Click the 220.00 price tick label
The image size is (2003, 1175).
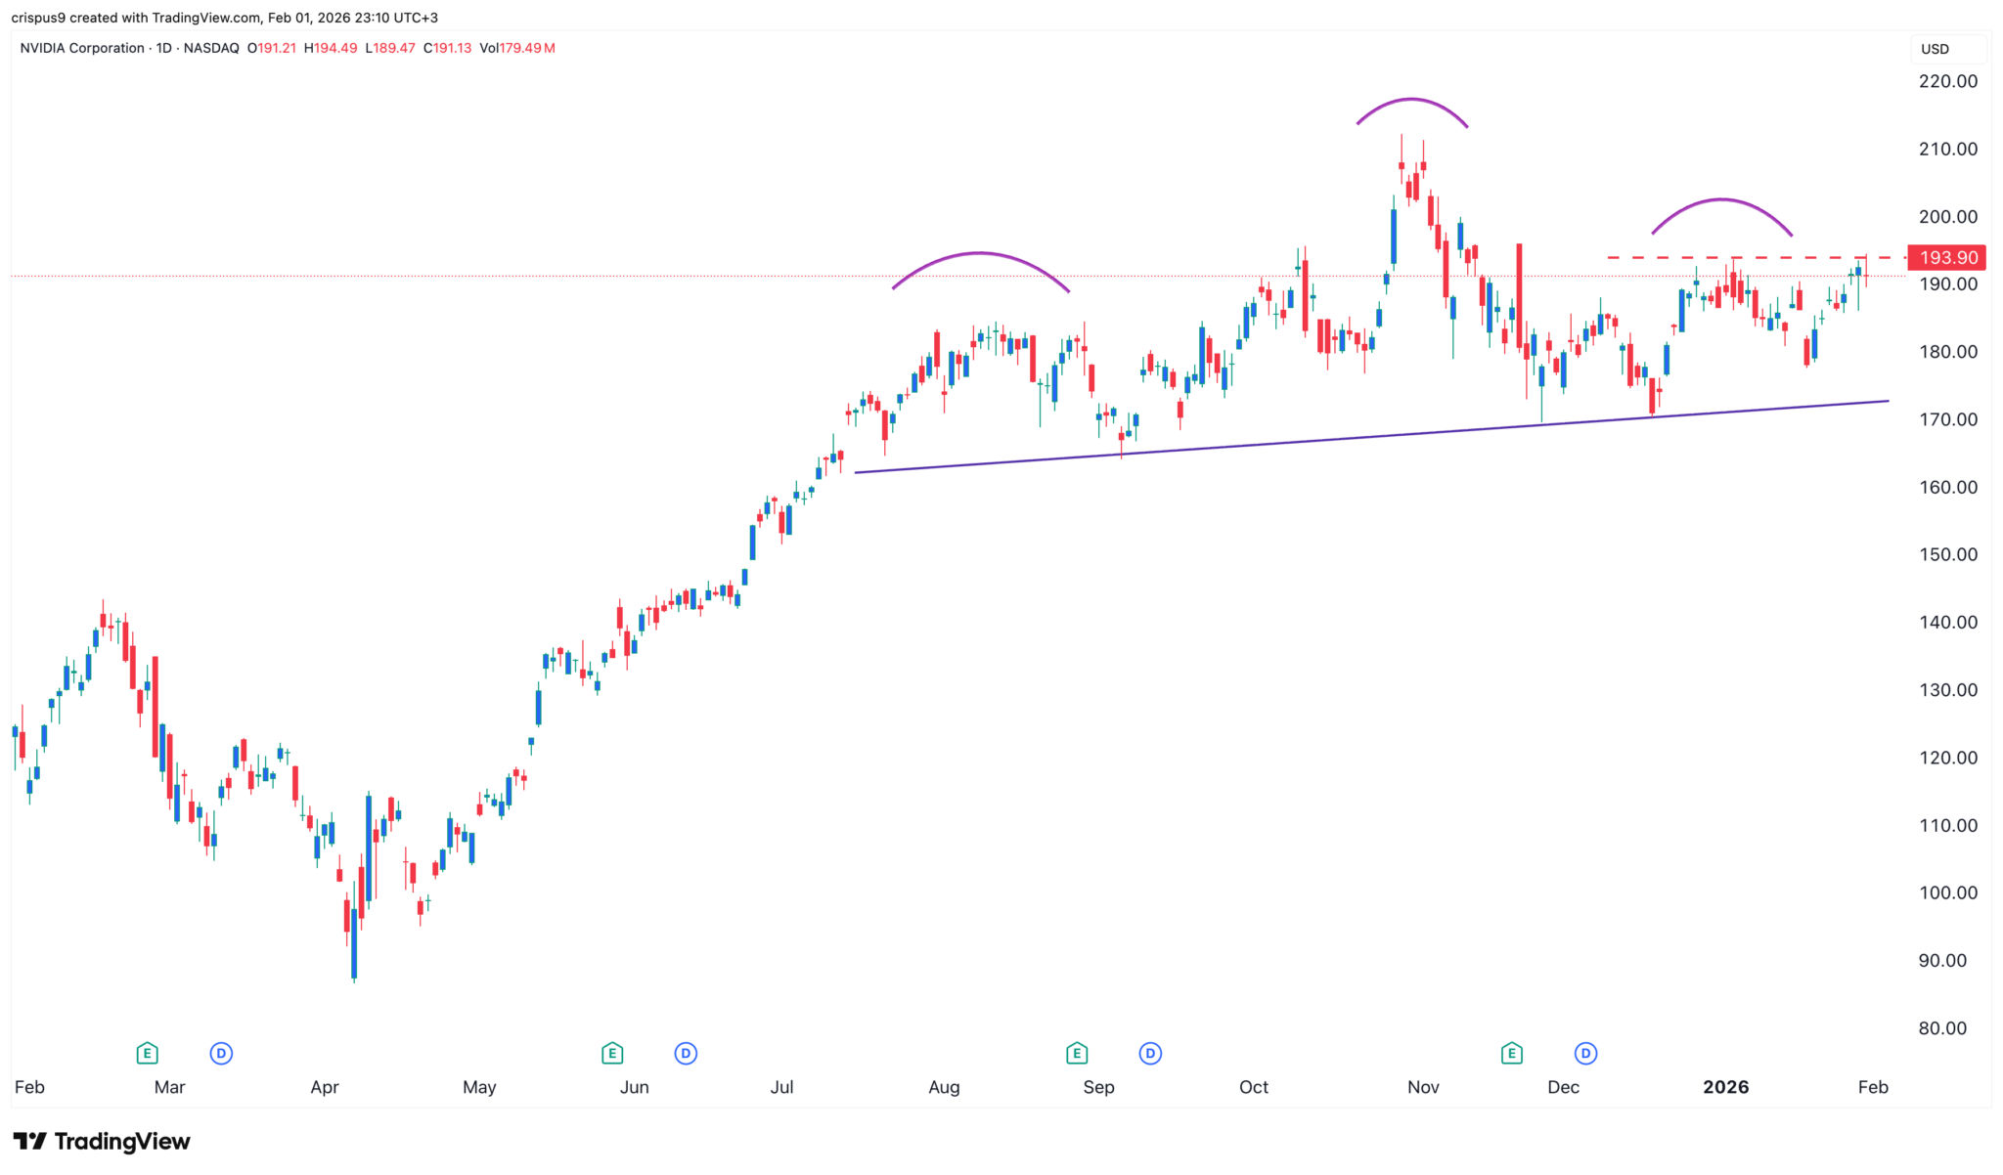tap(1947, 81)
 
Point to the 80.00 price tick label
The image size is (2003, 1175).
tap(1941, 1028)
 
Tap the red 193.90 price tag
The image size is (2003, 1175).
tap(1947, 258)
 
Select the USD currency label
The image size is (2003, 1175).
tap(1935, 49)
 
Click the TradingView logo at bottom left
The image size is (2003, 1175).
tap(102, 1141)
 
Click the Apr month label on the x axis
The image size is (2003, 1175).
tap(325, 1087)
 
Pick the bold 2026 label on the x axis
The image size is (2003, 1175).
tap(1725, 1087)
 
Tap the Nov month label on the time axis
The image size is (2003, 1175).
tap(1423, 1087)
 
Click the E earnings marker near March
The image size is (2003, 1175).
tap(147, 1053)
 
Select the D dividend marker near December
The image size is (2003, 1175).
tap(1585, 1053)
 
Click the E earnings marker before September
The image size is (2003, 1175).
tap(1077, 1053)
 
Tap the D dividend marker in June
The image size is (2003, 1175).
tap(686, 1053)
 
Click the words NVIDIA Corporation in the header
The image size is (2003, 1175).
tap(82, 48)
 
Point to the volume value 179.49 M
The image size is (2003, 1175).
tap(527, 48)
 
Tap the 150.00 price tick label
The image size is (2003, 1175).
tap(1947, 554)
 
